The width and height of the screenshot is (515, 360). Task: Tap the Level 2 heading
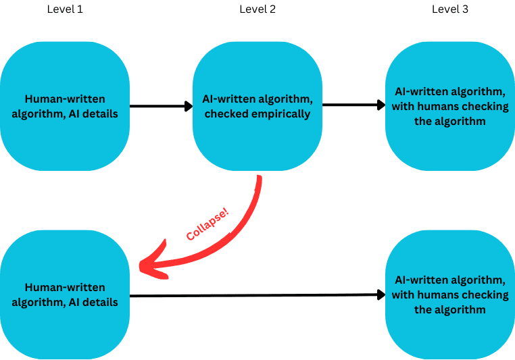coord(257,9)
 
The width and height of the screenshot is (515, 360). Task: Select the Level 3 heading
coord(450,9)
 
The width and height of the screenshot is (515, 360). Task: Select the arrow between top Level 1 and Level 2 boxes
coord(160,106)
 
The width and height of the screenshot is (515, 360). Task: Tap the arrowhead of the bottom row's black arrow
coord(378,294)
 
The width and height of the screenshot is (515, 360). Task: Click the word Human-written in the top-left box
coord(64,99)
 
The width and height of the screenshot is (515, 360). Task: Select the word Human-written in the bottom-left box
coord(64,288)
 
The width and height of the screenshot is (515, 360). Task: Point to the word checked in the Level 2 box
coord(226,113)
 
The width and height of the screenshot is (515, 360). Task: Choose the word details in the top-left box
coord(99,114)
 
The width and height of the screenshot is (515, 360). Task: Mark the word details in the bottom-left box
coord(99,303)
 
